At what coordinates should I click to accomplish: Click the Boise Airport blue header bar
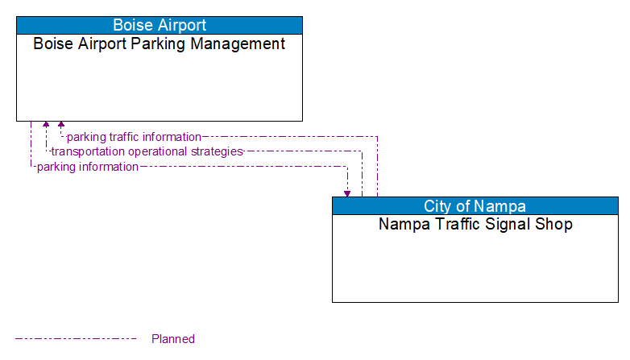[159, 25]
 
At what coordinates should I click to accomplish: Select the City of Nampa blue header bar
[475, 205]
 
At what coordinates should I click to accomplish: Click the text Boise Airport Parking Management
[159, 44]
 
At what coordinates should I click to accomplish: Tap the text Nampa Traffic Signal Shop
[475, 225]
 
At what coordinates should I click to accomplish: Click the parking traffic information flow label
[134, 137]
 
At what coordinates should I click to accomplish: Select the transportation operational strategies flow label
[147, 151]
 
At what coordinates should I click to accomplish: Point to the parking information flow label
[87, 167]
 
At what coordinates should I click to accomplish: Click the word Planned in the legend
[173, 339]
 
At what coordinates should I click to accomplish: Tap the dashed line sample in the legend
[76, 339]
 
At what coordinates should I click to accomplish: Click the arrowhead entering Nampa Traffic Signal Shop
[347, 193]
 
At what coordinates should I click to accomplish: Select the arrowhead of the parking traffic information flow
[61, 125]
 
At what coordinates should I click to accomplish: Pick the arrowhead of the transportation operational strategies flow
[46, 125]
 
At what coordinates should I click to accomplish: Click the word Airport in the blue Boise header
[181, 25]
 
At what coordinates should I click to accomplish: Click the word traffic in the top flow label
[120, 137]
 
